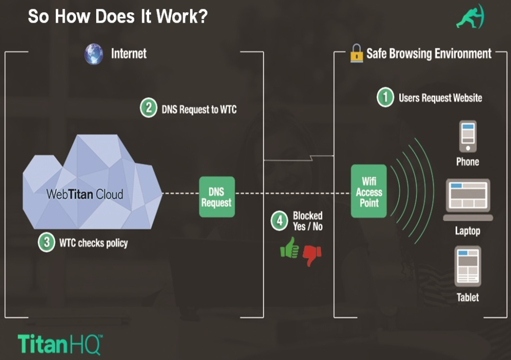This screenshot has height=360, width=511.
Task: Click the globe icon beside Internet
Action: [94, 54]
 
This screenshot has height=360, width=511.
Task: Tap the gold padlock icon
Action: [356, 53]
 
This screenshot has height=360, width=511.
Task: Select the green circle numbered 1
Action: [386, 97]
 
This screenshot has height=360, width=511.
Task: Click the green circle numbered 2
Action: [148, 108]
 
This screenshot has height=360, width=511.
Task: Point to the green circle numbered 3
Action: [46, 242]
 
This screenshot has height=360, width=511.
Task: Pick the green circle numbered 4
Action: [279, 221]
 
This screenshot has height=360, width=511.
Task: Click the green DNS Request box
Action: [217, 197]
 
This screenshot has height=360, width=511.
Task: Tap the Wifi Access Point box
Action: [369, 191]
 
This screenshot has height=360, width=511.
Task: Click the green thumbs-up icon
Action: [290, 248]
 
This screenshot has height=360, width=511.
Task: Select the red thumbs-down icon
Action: [312, 254]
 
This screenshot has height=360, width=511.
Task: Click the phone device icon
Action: [468, 136]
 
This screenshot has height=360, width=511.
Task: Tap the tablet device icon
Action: [468, 266]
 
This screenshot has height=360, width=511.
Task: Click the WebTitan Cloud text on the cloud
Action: [84, 194]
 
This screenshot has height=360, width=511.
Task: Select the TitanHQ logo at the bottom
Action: [60, 344]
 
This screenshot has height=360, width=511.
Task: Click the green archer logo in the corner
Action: [470, 18]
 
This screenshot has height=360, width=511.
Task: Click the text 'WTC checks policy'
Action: [93, 243]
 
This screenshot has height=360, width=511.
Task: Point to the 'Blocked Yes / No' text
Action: [308, 221]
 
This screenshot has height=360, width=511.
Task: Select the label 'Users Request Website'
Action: [440, 97]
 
